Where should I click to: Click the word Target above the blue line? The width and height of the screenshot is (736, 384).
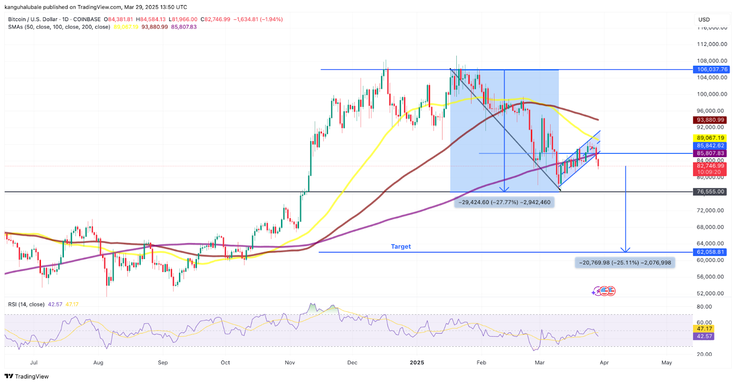click(401, 247)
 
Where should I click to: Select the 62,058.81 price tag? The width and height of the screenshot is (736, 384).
click(711, 252)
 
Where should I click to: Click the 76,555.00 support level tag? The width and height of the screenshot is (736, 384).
click(710, 192)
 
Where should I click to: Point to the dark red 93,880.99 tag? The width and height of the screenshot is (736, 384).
click(710, 120)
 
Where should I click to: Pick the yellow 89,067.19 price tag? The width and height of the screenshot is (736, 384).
click(710, 138)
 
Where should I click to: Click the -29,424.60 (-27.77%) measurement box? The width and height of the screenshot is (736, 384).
click(504, 202)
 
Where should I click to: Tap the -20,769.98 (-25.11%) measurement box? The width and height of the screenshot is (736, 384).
click(625, 263)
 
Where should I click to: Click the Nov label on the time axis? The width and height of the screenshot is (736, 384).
click(290, 362)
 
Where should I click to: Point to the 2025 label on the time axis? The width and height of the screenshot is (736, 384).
click(417, 362)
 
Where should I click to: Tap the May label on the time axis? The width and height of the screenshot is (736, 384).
click(667, 362)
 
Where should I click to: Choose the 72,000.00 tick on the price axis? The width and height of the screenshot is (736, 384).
click(712, 210)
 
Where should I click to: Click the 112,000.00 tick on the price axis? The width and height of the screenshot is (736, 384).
click(712, 44)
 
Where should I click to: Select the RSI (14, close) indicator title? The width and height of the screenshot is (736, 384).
click(26, 305)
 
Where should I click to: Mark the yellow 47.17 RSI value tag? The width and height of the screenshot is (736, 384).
click(704, 329)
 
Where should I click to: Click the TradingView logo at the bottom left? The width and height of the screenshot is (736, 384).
click(27, 376)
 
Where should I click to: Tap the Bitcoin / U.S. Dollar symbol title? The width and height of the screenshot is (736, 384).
click(33, 19)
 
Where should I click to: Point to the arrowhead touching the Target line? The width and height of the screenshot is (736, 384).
click(625, 250)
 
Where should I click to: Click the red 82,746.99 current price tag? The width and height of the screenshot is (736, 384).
click(710, 166)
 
